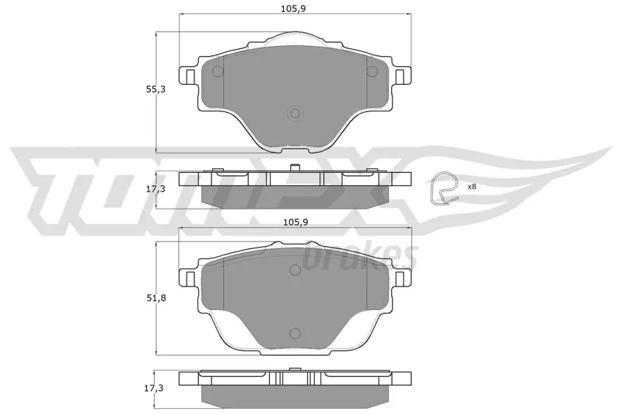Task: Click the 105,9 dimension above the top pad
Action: (293, 9)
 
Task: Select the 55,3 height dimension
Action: (155, 90)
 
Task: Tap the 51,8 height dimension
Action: (156, 298)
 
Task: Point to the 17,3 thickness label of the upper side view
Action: (155, 189)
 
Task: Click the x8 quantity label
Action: (472, 186)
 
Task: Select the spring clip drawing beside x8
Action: (444, 188)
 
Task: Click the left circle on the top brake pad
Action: (218, 72)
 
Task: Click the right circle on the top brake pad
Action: (372, 72)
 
